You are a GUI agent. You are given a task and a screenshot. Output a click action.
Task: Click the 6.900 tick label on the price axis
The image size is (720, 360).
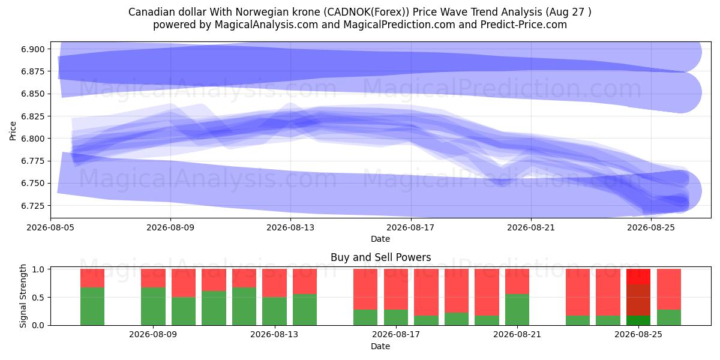coord(32,49)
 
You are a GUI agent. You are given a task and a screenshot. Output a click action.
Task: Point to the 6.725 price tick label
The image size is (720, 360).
coord(32,206)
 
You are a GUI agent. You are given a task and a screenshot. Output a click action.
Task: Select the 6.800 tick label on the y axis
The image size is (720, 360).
coord(32,139)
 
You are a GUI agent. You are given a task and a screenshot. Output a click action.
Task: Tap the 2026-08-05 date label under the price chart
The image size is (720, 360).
coord(50,227)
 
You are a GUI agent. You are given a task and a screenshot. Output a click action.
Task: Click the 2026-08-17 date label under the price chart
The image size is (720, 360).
coord(411,227)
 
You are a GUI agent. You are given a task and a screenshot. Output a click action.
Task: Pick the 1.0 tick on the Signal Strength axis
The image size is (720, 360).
coord(38,269)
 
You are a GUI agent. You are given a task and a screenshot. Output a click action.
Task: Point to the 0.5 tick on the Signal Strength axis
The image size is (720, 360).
coord(38,298)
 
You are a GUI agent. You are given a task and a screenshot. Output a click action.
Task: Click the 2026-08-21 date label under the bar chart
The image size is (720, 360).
coord(517,335)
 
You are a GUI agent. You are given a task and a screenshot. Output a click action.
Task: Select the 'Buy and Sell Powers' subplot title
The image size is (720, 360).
coord(380,257)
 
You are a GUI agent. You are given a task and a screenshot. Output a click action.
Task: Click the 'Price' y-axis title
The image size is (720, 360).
coord(13,131)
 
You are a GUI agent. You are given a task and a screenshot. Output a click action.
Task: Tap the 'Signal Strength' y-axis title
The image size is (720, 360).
coord(23,296)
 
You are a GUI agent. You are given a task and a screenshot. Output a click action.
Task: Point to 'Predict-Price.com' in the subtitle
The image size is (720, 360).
coord(524,25)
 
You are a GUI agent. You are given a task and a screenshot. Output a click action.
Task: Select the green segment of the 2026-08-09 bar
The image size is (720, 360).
coord(154,307)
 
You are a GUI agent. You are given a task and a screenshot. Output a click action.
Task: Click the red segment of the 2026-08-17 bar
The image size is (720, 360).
coord(395,289)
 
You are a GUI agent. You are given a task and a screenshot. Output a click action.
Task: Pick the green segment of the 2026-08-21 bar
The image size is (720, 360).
coord(517,310)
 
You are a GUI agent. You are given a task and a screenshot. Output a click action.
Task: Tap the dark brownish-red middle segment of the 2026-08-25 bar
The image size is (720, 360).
coord(638,300)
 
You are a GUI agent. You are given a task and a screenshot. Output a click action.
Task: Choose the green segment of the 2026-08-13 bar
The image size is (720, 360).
coord(275,311)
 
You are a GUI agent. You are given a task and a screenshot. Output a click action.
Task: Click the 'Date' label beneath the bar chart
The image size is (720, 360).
coord(380,347)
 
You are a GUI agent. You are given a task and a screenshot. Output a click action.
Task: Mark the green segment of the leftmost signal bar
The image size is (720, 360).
coord(92,307)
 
